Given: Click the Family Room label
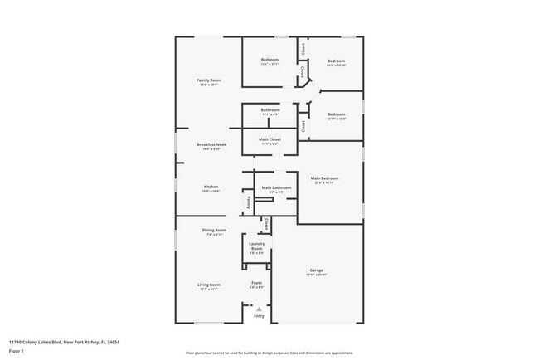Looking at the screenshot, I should [x=208, y=80].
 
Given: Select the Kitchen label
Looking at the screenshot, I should [x=211, y=187].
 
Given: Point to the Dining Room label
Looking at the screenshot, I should [x=214, y=230].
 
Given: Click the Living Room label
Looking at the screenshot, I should [x=208, y=285].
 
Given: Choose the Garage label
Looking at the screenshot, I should [x=316, y=270].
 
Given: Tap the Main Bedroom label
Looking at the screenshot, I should [x=324, y=178].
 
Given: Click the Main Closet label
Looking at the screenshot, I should [x=269, y=139].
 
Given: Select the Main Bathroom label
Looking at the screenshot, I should [x=276, y=187].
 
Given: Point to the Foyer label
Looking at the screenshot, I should [x=256, y=283].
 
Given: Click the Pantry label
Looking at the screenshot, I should [x=247, y=202].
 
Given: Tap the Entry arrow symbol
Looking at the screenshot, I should [x=259, y=309].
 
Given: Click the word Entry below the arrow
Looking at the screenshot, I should [x=259, y=316].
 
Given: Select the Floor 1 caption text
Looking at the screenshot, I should [x=17, y=351].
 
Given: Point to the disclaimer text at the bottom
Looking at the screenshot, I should [x=269, y=352].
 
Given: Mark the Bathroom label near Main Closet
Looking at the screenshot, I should [x=269, y=109].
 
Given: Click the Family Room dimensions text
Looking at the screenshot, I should [x=208, y=85].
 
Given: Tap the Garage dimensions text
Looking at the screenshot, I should [x=316, y=275].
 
